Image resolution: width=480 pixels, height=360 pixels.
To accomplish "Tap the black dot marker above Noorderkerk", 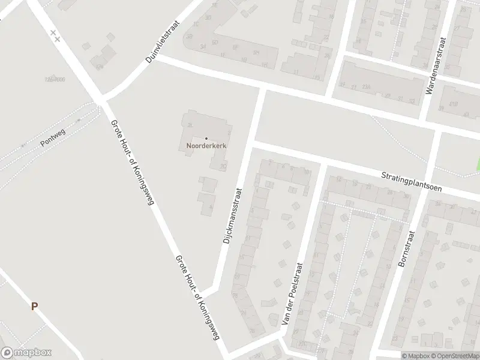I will point(206,139).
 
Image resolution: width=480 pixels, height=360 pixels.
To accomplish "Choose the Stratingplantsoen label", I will point(411,181).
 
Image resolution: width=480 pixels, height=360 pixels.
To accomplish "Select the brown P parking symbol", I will point(34,306).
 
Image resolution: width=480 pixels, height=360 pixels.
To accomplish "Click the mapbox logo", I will point(26,353).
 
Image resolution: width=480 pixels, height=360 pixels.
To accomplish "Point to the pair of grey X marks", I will point(55,35).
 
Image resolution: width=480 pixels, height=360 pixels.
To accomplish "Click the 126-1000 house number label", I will point(55,79).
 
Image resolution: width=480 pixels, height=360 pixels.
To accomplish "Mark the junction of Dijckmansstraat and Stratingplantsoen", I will point(253,144).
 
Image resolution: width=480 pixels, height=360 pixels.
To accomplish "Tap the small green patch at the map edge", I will point(478,162).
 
